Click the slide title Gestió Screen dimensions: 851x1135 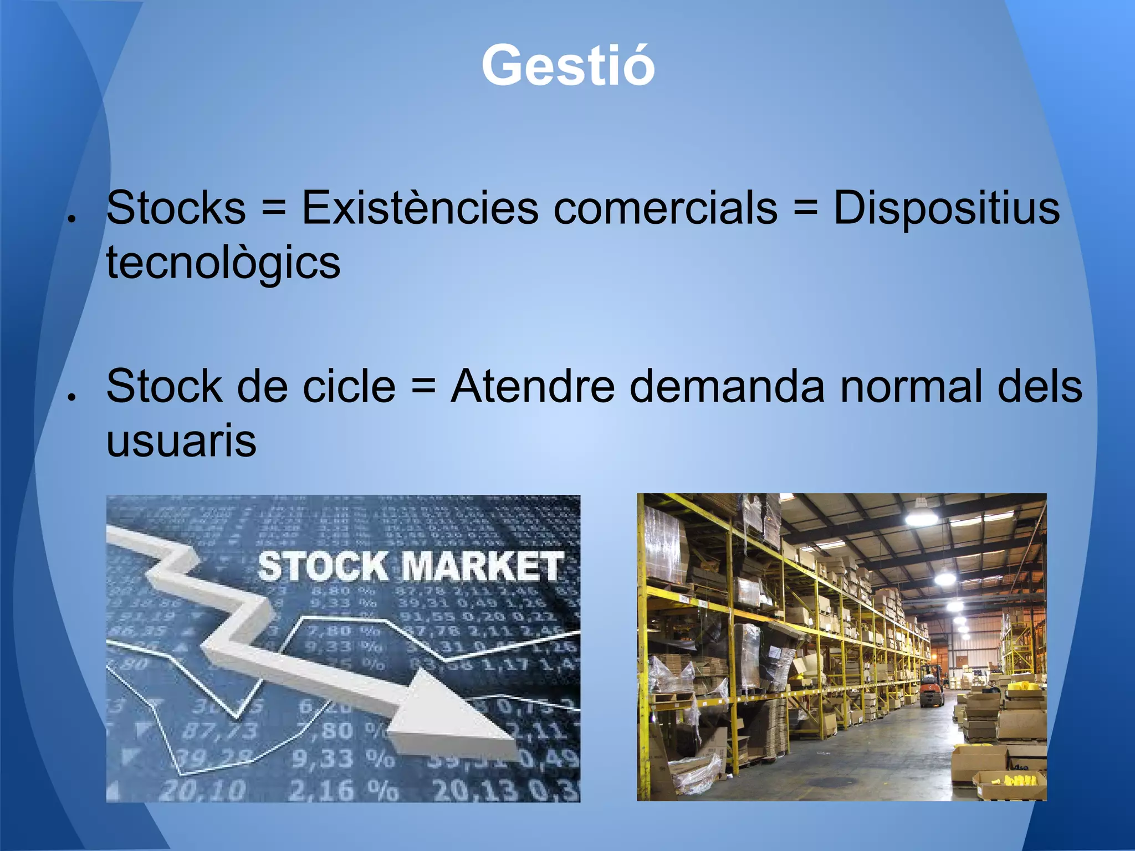click(x=568, y=65)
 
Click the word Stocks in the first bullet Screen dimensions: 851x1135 click(x=176, y=208)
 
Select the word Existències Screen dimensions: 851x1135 click(x=420, y=208)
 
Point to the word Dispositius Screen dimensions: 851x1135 click(x=947, y=208)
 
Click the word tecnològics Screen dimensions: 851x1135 click(x=223, y=263)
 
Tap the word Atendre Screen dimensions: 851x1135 click(x=533, y=386)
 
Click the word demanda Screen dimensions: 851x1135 click(x=728, y=386)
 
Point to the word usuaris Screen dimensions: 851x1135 click(x=181, y=441)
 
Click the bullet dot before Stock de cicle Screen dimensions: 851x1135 click(x=71, y=397)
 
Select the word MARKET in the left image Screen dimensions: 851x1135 click(x=481, y=567)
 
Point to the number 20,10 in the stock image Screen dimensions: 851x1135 click(x=202, y=789)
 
